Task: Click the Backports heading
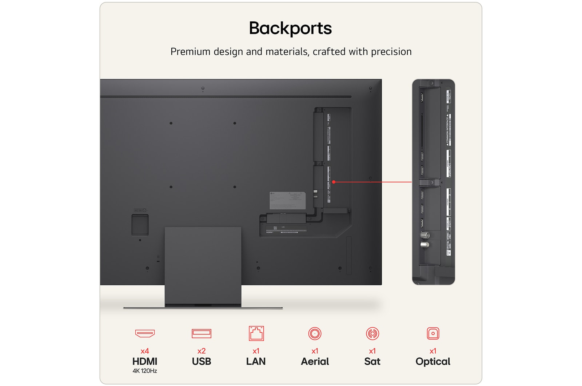point(290,28)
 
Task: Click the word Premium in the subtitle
point(190,52)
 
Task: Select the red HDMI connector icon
point(145,333)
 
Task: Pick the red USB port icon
point(201,333)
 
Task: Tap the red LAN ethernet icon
point(256,333)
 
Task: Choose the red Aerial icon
point(315,333)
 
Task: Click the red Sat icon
point(372,333)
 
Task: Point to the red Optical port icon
point(433,333)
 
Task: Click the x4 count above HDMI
point(145,351)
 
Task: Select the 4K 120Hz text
point(145,371)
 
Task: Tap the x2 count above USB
point(201,351)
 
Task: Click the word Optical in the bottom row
point(433,362)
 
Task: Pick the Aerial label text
point(315,362)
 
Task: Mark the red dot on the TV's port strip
point(334,182)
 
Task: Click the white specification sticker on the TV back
point(287,200)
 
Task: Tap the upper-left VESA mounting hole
point(171,123)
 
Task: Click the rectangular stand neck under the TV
point(203,265)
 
